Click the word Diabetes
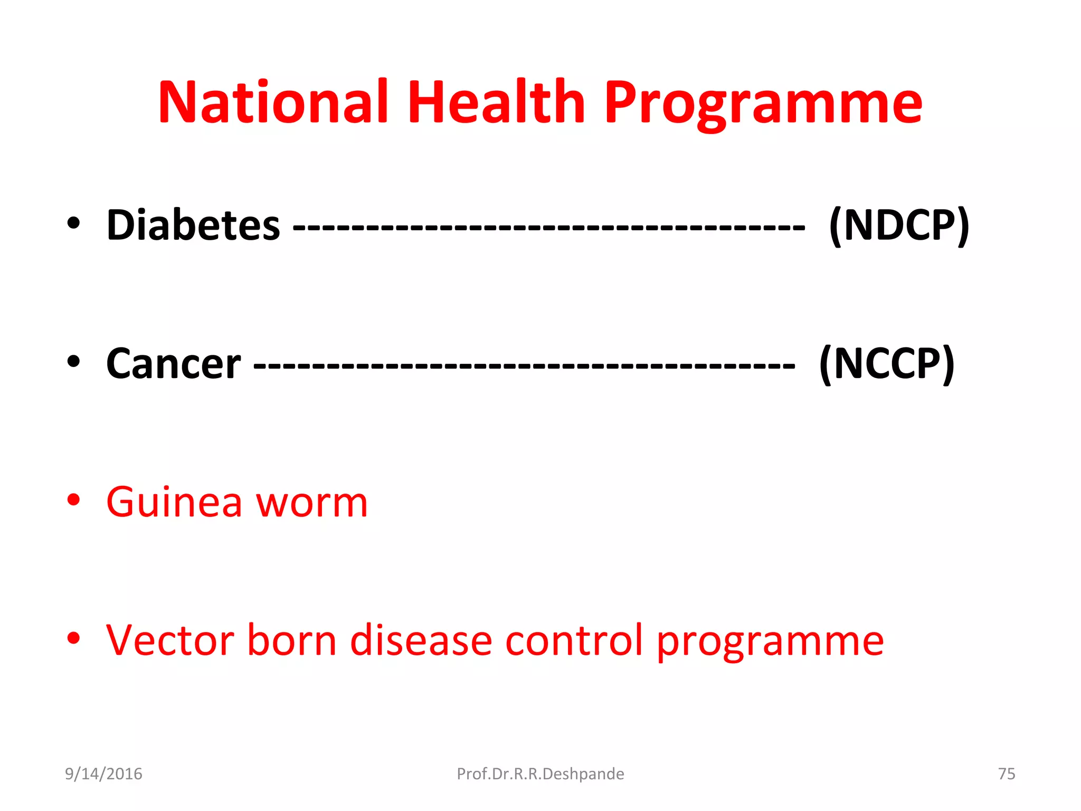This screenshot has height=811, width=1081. pyautogui.click(x=193, y=225)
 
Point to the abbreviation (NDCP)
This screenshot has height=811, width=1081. pyautogui.click(x=899, y=225)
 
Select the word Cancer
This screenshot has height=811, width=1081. pyautogui.click(x=174, y=364)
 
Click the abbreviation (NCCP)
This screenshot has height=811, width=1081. pyautogui.click(x=887, y=364)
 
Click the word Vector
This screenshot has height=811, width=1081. pyautogui.click(x=169, y=640)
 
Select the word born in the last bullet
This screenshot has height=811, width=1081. pyautogui.click(x=292, y=640)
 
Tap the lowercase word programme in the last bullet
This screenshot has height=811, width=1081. pyautogui.click(x=770, y=644)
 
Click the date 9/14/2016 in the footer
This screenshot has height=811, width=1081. pyautogui.click(x=103, y=774)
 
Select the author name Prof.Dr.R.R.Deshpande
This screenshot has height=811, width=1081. pyautogui.click(x=540, y=774)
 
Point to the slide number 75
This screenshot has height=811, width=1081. pyautogui.click(x=1006, y=774)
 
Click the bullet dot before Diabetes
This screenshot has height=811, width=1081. pyautogui.click(x=73, y=223)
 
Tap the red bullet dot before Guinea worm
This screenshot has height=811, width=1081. pyautogui.click(x=73, y=499)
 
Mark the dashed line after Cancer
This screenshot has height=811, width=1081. pyautogui.click(x=524, y=365)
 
